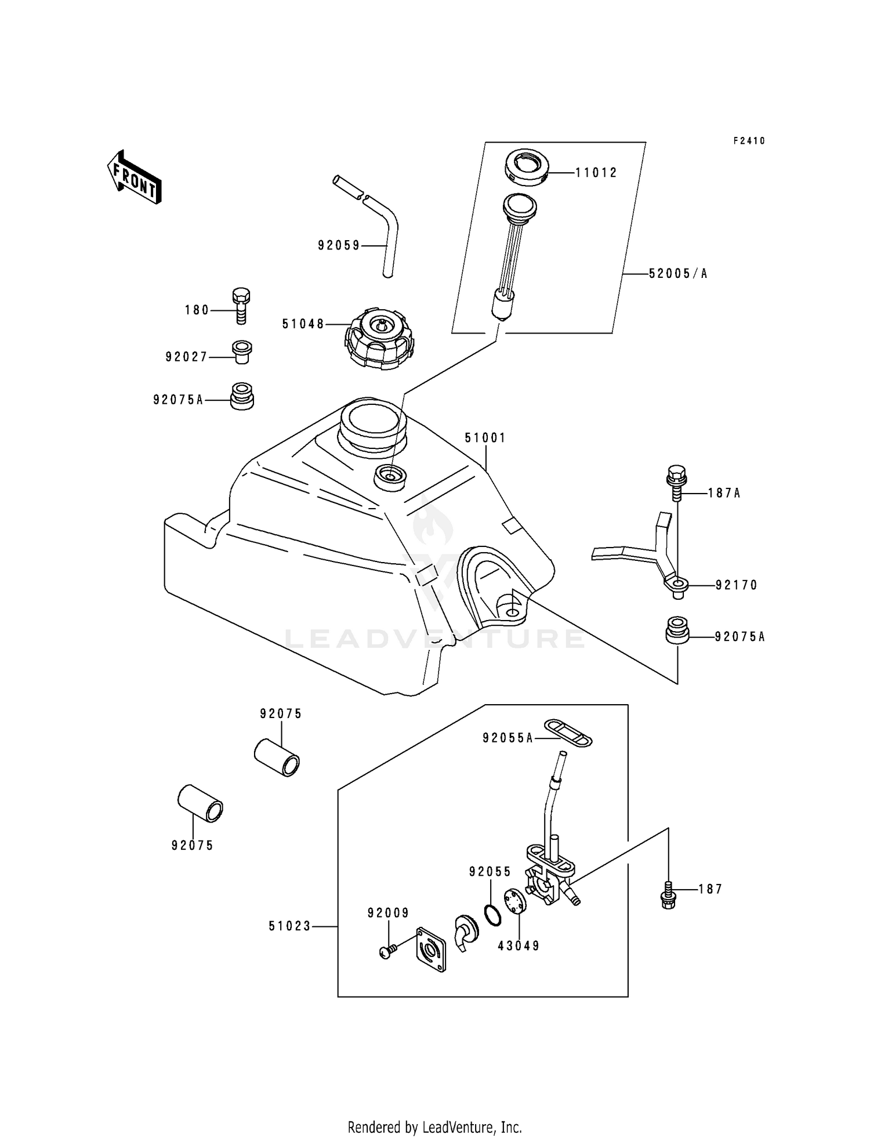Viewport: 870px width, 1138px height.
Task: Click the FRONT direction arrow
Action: pos(134,177)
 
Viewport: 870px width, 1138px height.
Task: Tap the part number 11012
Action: pos(596,173)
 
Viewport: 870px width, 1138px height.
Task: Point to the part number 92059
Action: pos(338,246)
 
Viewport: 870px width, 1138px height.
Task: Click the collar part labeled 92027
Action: pos(242,351)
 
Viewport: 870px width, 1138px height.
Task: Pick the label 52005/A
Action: pos(678,274)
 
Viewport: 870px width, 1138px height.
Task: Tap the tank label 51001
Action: pos(485,438)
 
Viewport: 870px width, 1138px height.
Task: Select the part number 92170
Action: pos(736,585)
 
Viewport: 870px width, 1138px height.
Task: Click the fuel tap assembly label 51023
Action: pos(289,927)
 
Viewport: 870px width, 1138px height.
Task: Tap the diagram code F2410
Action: pos(749,141)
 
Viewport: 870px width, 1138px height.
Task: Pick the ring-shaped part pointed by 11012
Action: pos(525,169)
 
